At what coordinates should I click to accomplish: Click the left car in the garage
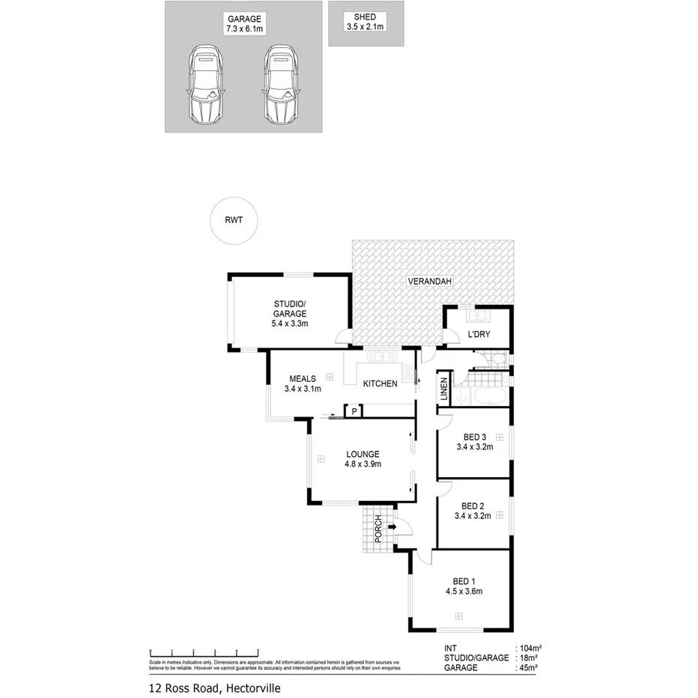pyautogui.click(x=204, y=85)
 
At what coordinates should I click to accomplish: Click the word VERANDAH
pyautogui.click(x=430, y=282)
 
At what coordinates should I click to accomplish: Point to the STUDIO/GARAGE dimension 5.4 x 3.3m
pyautogui.click(x=290, y=324)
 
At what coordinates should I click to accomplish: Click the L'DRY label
pyautogui.click(x=479, y=334)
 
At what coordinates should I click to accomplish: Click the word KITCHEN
pyautogui.click(x=380, y=384)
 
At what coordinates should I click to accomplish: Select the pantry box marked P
pyautogui.click(x=353, y=410)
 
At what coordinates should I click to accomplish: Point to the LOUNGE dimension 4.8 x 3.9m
pyautogui.click(x=362, y=464)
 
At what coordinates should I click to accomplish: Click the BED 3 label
pyautogui.click(x=474, y=437)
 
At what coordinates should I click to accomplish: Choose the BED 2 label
pyautogui.click(x=474, y=506)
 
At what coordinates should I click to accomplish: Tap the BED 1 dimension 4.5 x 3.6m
pyautogui.click(x=463, y=591)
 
